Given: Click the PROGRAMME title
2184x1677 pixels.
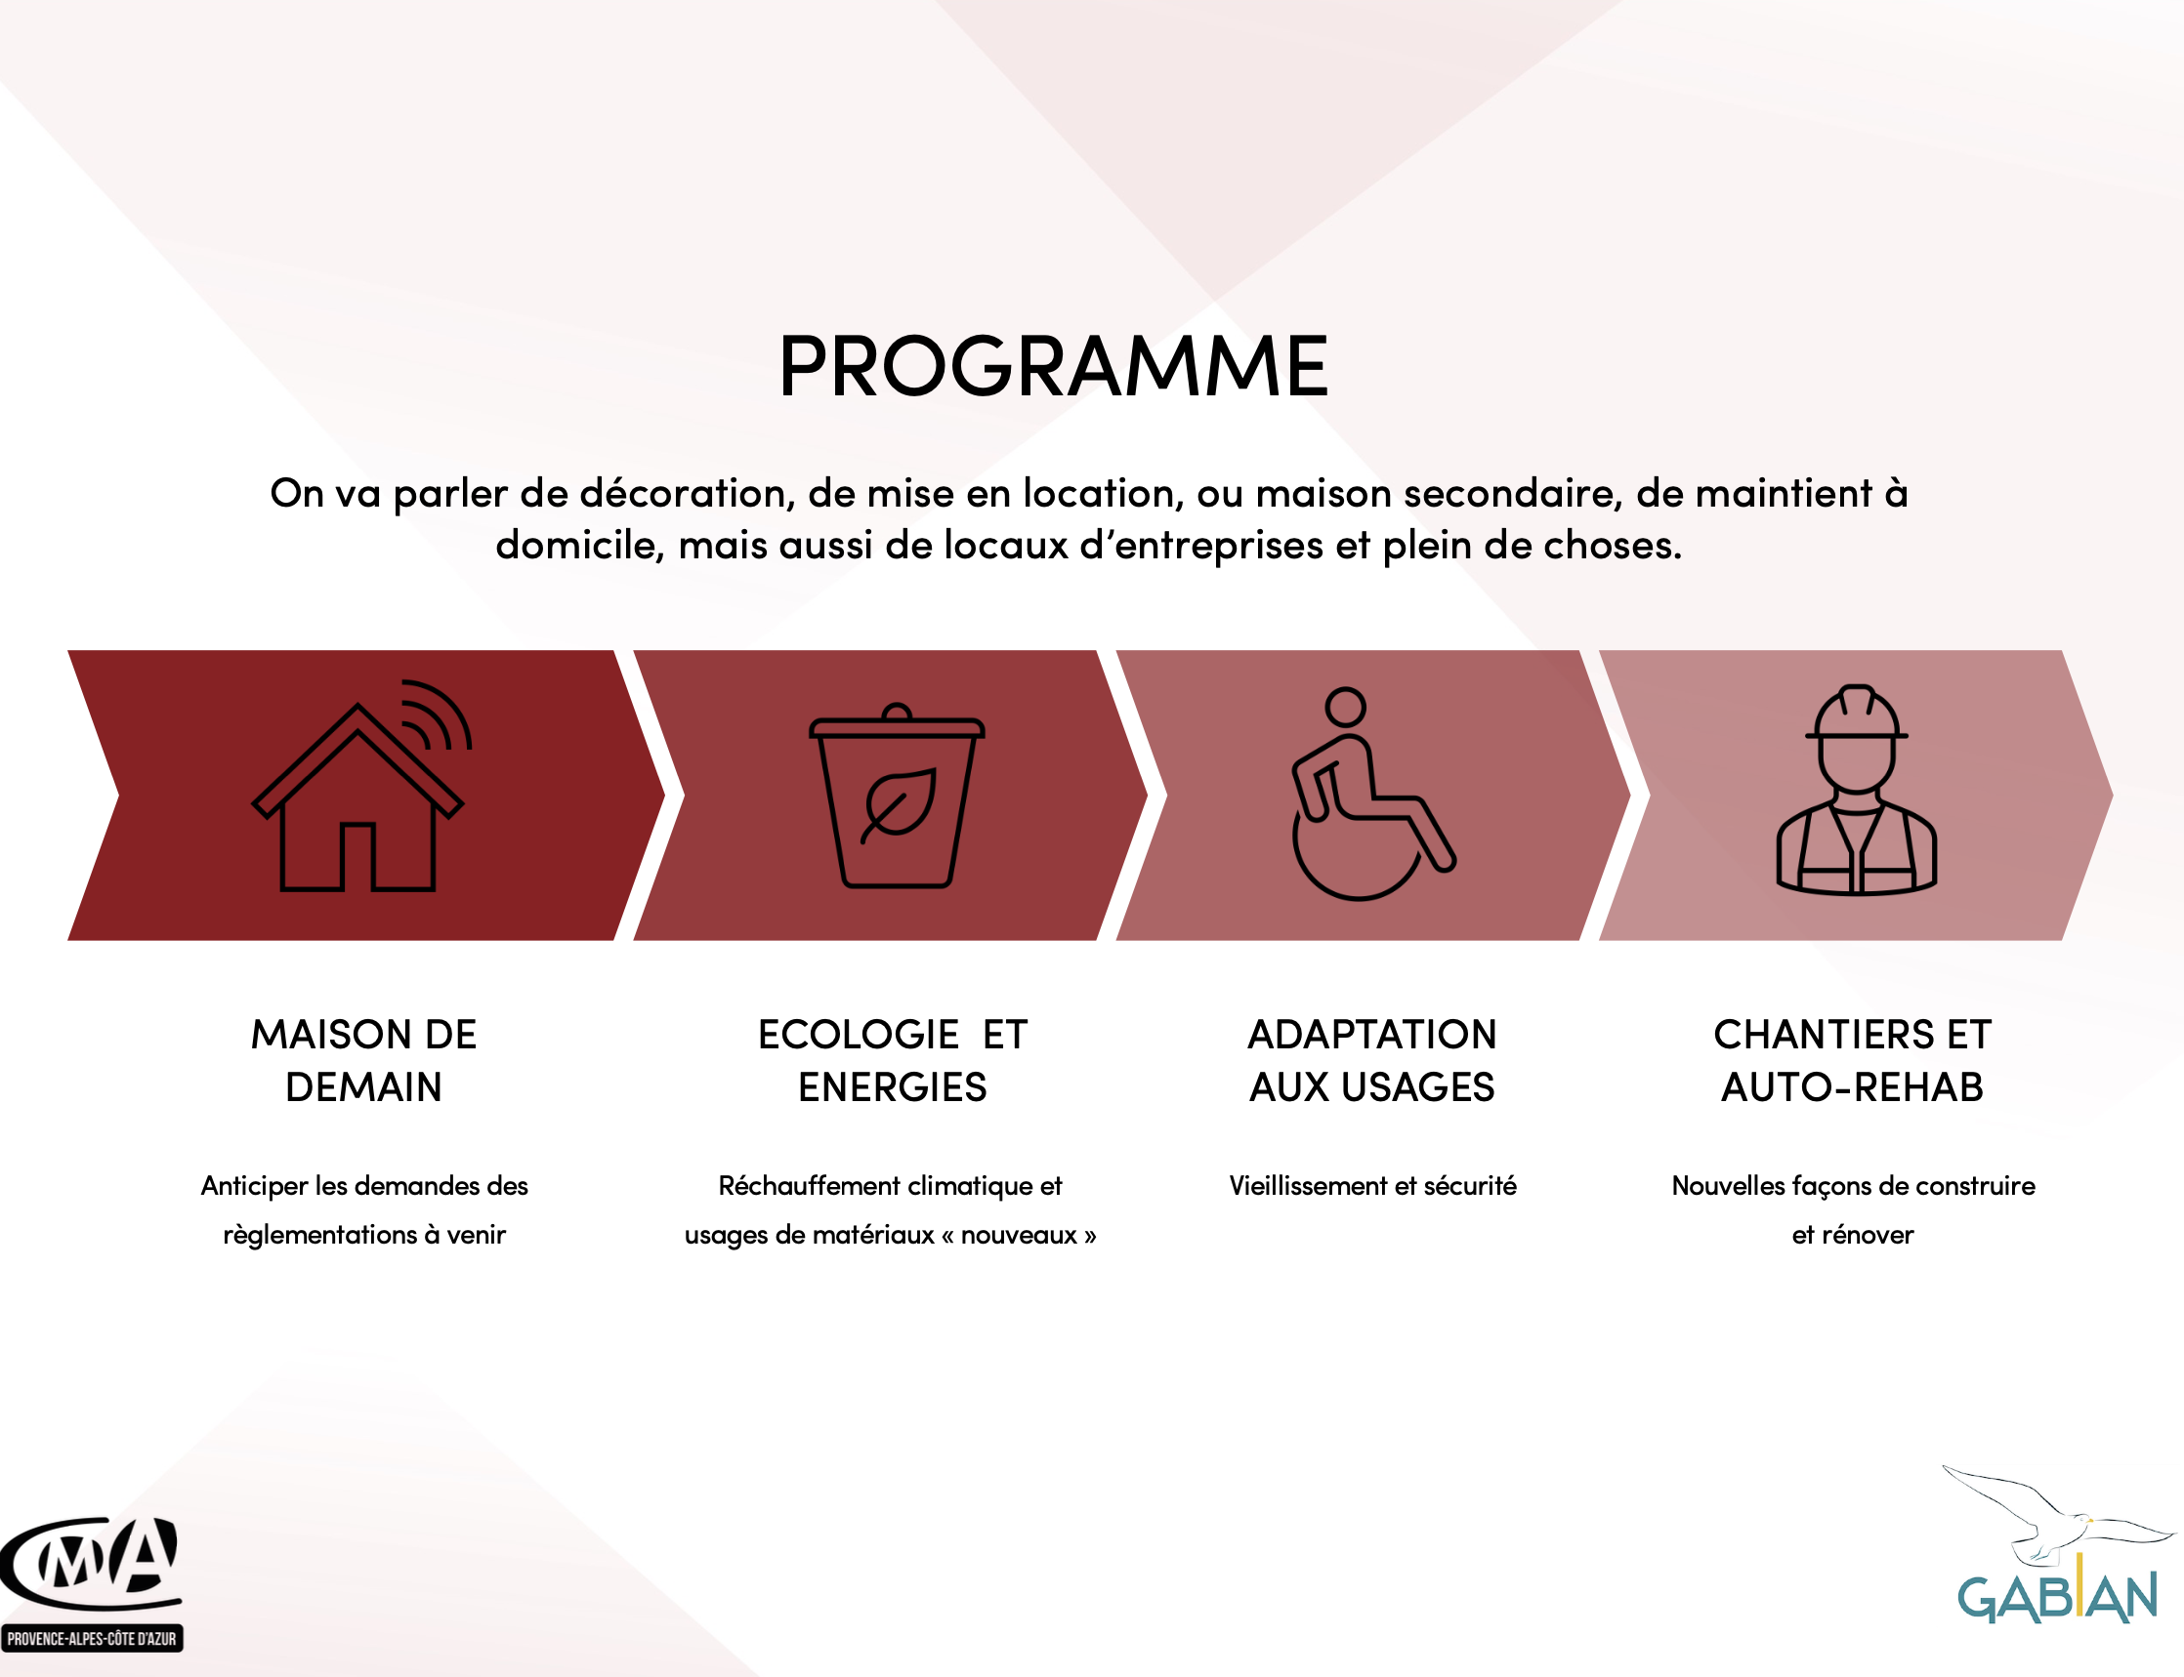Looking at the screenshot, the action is click(x=1054, y=365).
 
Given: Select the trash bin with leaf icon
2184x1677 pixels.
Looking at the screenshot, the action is click(x=897, y=795).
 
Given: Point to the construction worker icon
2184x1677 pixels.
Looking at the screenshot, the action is click(x=1856, y=789).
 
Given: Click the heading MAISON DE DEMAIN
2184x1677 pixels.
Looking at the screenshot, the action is click(x=363, y=1060).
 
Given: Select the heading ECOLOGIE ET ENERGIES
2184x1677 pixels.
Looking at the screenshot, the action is click(x=892, y=1060).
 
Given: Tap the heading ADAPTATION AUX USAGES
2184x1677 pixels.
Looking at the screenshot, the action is click(x=1372, y=1060).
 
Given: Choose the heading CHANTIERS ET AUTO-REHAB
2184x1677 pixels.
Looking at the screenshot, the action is click(x=1853, y=1060).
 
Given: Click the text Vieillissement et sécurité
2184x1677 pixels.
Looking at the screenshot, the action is click(x=1372, y=1185).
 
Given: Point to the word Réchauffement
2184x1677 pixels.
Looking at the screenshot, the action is click(x=809, y=1185).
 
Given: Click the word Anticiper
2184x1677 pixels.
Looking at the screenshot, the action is click(x=255, y=1186).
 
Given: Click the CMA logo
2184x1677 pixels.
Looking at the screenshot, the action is click(x=91, y=1563).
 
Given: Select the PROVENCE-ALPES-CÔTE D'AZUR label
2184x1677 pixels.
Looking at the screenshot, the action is click(x=91, y=1639).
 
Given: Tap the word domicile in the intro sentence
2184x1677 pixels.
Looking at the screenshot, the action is click(x=580, y=545).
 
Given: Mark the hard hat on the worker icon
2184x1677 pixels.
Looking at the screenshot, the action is click(x=1857, y=712).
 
